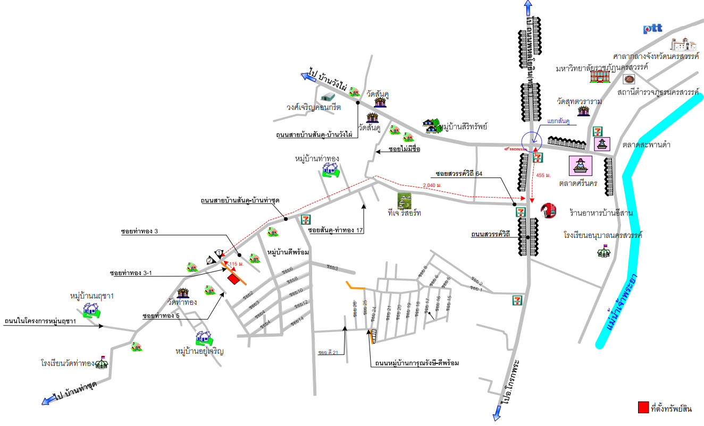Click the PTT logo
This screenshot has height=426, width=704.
pyautogui.click(x=652, y=29)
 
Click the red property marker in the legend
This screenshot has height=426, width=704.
pyautogui.click(x=643, y=408)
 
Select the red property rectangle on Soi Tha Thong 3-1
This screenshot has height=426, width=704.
pyautogui.click(x=233, y=278)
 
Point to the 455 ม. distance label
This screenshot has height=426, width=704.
pyautogui.click(x=543, y=175)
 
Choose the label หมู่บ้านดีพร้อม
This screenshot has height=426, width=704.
pyautogui.click(x=288, y=251)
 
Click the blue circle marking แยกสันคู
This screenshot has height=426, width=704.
pyautogui.click(x=531, y=141)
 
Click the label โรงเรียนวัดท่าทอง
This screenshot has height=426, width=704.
pyautogui.click(x=68, y=364)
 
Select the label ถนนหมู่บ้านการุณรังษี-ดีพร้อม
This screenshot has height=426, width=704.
pyautogui.click(x=416, y=363)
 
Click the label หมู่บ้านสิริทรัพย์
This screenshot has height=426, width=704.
pyautogui.click(x=464, y=127)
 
